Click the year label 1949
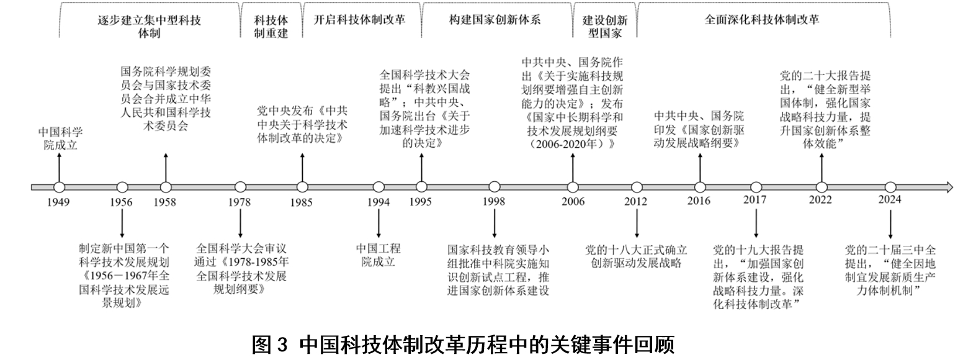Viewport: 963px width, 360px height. click(x=58, y=202)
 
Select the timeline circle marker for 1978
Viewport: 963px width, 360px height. click(x=240, y=187)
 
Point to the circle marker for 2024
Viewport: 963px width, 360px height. click(x=890, y=187)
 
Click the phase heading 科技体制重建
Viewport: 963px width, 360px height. click(x=271, y=26)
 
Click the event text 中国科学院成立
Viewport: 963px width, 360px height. click(x=60, y=139)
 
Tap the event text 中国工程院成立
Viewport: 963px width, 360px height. click(x=378, y=255)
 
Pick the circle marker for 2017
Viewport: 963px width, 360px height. click(x=756, y=187)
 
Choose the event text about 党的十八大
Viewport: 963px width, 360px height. click(x=637, y=256)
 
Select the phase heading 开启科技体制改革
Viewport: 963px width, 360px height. click(x=360, y=19)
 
